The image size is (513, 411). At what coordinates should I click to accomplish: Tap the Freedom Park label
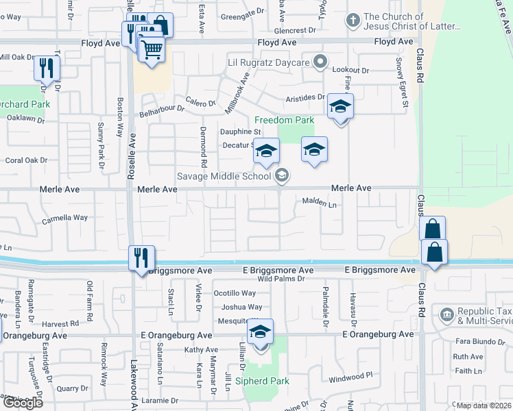click(284, 121)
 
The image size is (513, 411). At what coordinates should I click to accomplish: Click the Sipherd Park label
click(262, 381)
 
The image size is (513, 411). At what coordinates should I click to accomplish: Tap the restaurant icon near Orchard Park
click(47, 68)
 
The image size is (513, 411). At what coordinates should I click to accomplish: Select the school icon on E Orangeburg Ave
click(261, 333)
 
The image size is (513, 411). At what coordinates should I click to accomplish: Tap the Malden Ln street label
click(320, 204)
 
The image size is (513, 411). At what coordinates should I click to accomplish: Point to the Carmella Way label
click(65, 218)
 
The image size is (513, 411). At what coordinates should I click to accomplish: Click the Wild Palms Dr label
click(281, 279)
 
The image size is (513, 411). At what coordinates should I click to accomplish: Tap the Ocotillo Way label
click(235, 293)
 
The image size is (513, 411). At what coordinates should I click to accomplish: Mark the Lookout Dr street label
click(350, 71)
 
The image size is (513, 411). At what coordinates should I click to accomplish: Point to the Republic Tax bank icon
click(447, 315)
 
